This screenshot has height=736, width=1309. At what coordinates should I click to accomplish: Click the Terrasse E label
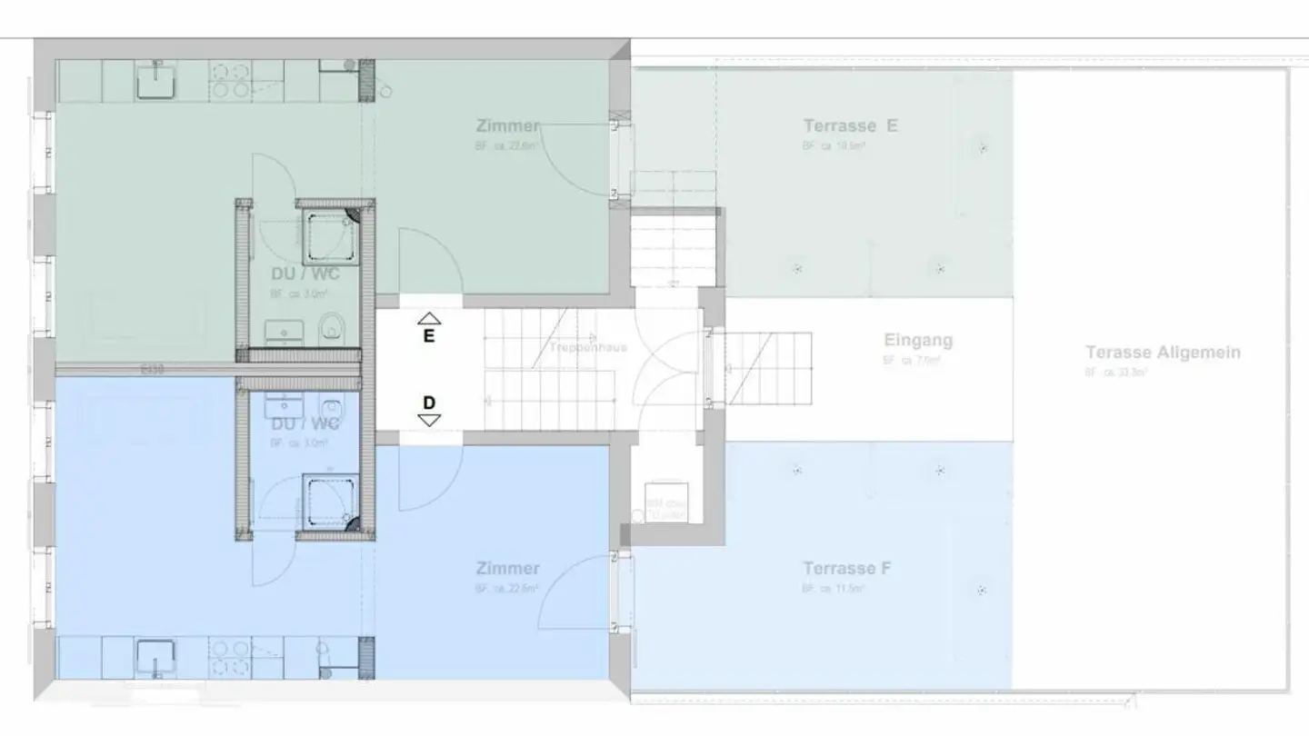[850, 125]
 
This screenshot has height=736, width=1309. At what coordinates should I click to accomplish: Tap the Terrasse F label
[846, 569]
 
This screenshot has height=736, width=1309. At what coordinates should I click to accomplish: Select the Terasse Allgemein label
[1163, 353]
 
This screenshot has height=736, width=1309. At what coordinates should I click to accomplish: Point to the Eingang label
[918, 341]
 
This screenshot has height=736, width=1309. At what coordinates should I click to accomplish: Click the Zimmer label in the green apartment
[507, 125]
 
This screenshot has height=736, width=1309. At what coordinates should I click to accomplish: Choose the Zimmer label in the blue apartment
[507, 569]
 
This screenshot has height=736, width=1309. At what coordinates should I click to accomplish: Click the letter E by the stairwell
[429, 336]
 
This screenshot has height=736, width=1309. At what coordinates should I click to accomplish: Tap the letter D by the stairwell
[429, 403]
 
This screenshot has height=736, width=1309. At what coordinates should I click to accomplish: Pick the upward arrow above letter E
[429, 318]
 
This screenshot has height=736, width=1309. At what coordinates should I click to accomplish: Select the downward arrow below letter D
[429, 420]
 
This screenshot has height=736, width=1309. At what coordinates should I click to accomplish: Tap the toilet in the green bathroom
[332, 326]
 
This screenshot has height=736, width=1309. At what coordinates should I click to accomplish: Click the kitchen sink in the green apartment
[156, 80]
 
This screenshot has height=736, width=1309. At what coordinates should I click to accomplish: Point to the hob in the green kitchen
[230, 80]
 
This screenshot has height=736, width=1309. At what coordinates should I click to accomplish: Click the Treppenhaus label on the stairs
[586, 347]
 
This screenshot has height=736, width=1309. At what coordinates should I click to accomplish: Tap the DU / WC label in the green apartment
[305, 274]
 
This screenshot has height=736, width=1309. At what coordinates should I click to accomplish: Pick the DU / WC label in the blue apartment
[305, 423]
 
